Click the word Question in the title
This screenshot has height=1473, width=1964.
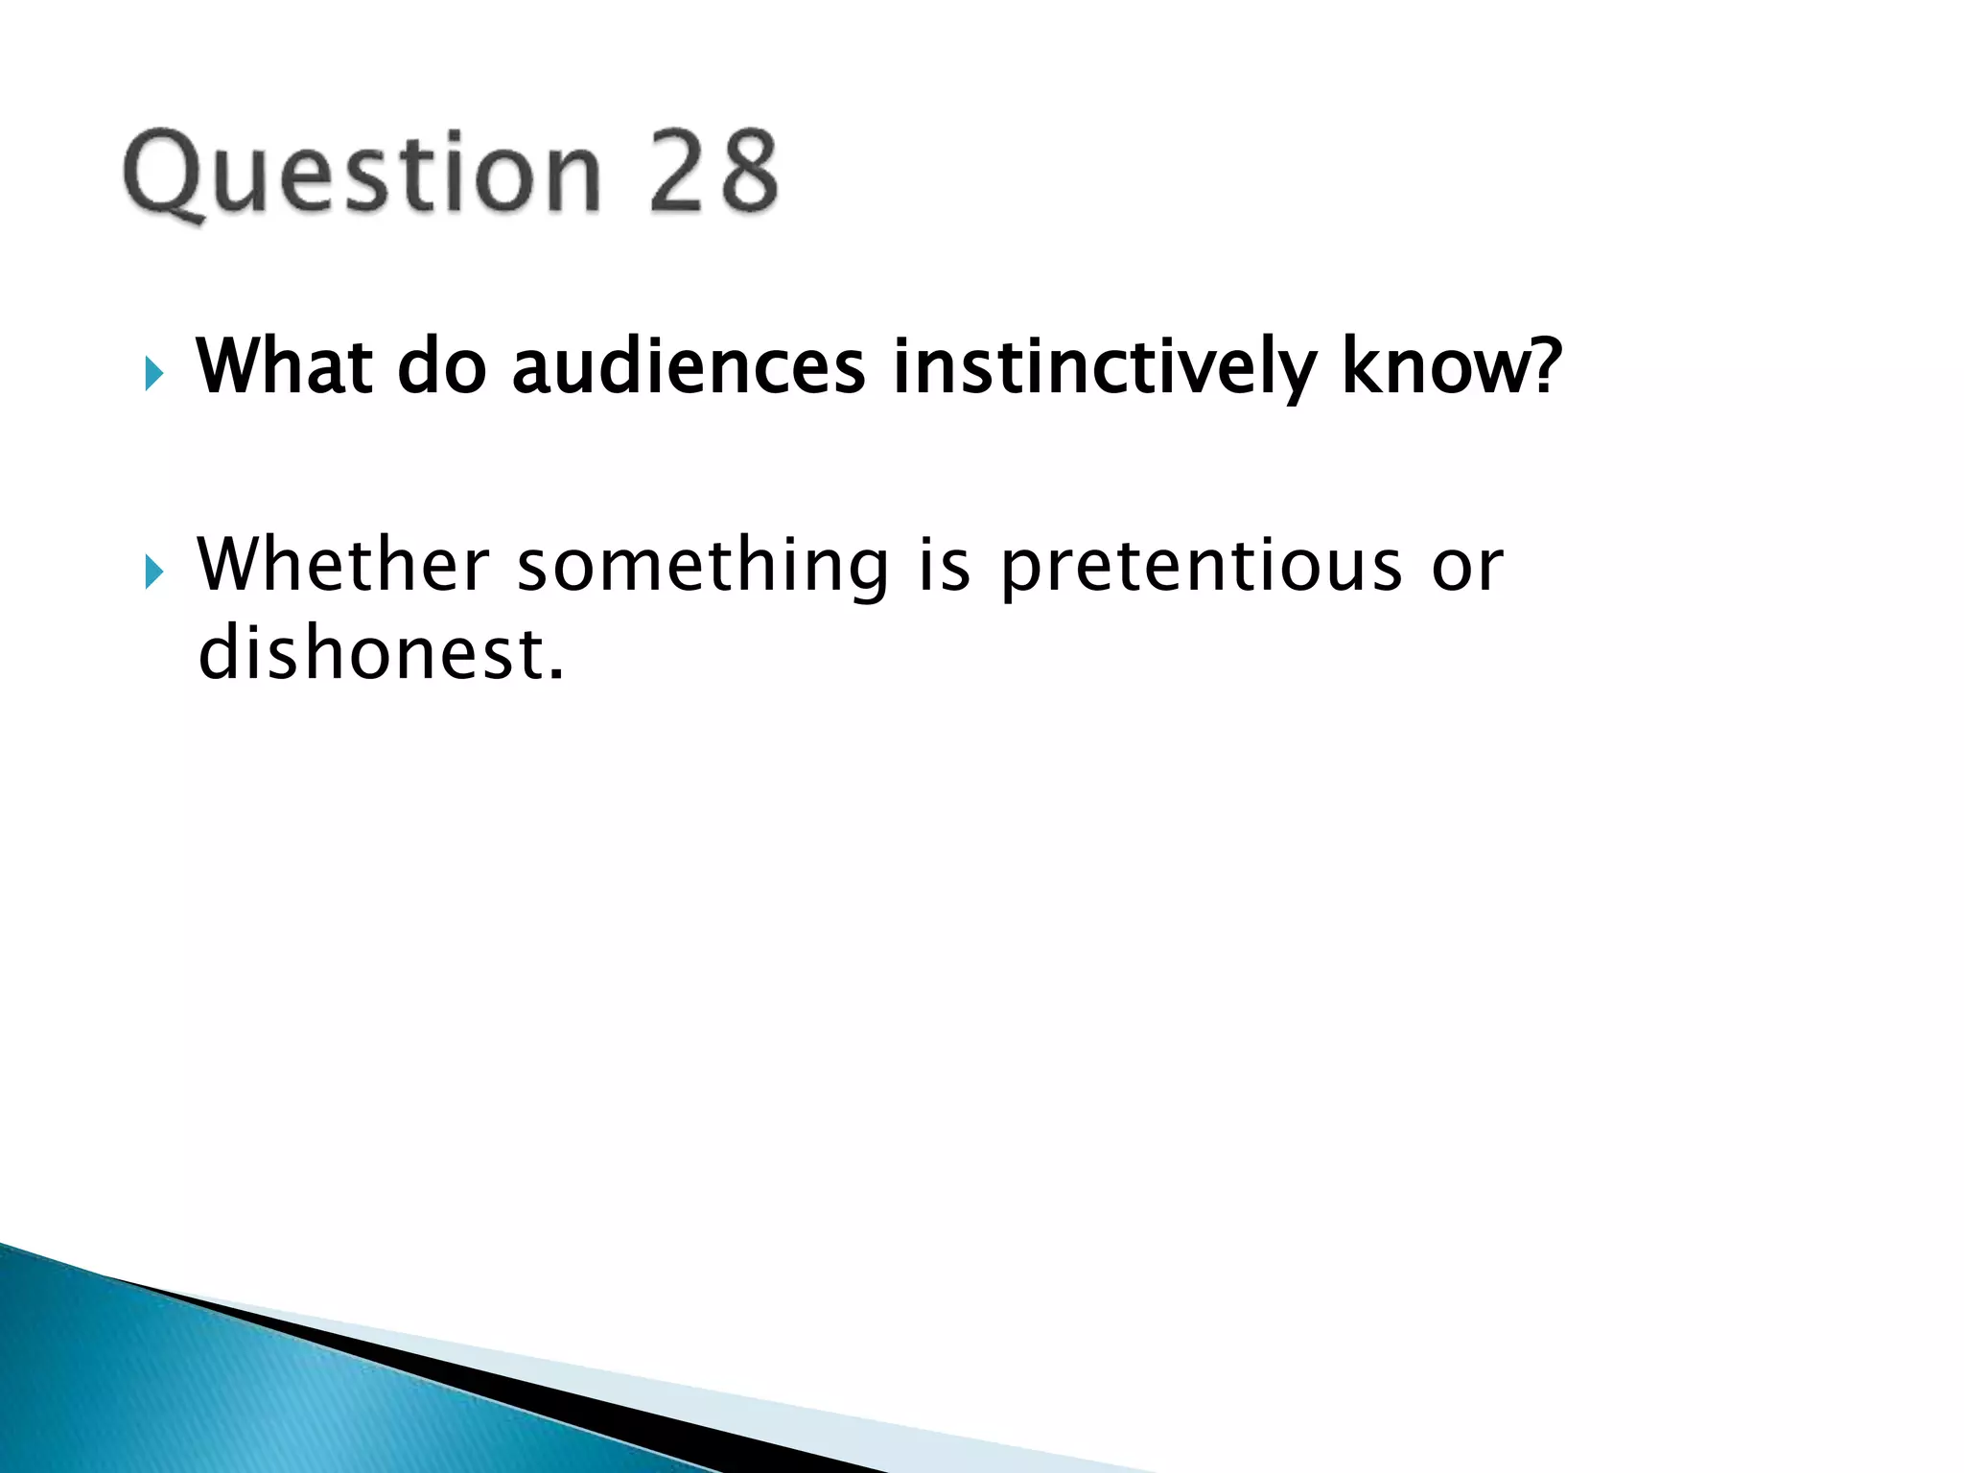click(362, 175)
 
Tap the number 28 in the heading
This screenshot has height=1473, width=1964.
click(713, 173)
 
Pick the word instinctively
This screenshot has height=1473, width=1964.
click(1104, 368)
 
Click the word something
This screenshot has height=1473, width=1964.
click(703, 566)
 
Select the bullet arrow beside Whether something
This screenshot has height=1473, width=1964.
click(154, 573)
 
